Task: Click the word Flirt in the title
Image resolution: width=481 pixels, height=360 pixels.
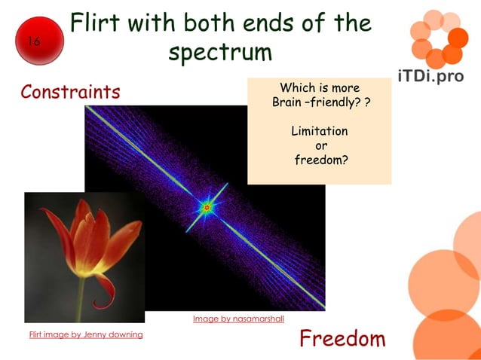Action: [x=93, y=23]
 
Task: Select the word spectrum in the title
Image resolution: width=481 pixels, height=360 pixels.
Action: [x=219, y=53]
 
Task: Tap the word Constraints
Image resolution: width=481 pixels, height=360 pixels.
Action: [x=70, y=92]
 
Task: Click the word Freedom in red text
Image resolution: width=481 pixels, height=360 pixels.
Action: [x=342, y=339]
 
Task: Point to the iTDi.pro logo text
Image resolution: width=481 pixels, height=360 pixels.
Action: [x=430, y=76]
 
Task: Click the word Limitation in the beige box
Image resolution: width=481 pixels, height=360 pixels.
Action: [x=320, y=131]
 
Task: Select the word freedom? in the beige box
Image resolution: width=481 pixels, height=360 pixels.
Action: [x=320, y=160]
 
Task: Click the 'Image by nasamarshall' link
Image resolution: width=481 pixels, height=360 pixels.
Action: [x=238, y=319]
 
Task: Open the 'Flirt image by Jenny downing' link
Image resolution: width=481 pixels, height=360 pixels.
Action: [x=86, y=334]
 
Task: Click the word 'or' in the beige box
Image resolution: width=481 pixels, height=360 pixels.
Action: [x=320, y=145]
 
